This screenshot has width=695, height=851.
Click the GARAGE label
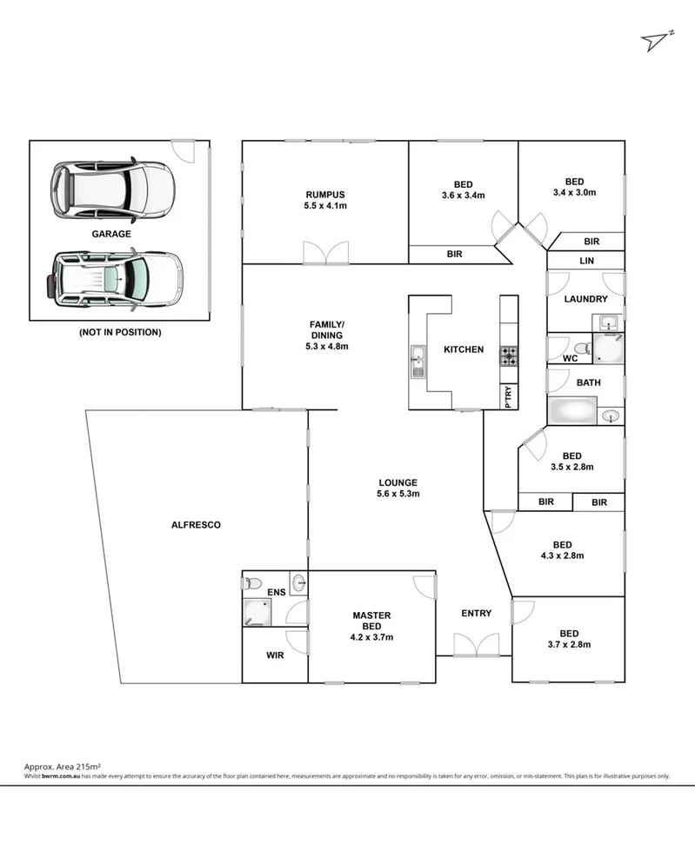coord(111,234)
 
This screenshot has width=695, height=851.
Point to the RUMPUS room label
coord(325,194)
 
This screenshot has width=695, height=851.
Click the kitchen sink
coord(418,360)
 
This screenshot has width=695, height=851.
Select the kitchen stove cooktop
coord(508,356)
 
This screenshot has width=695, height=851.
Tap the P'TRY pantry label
coord(509,396)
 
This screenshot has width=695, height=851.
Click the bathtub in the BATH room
coord(573,411)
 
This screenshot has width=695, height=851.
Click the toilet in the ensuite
coord(253,582)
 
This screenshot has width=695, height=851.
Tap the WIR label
coord(274,655)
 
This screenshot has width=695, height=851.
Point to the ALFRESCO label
coord(196,525)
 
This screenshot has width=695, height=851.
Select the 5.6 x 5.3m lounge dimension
coord(398,494)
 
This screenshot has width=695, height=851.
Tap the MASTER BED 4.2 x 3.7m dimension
coord(371,637)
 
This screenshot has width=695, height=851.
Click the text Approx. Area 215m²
coord(60,767)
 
